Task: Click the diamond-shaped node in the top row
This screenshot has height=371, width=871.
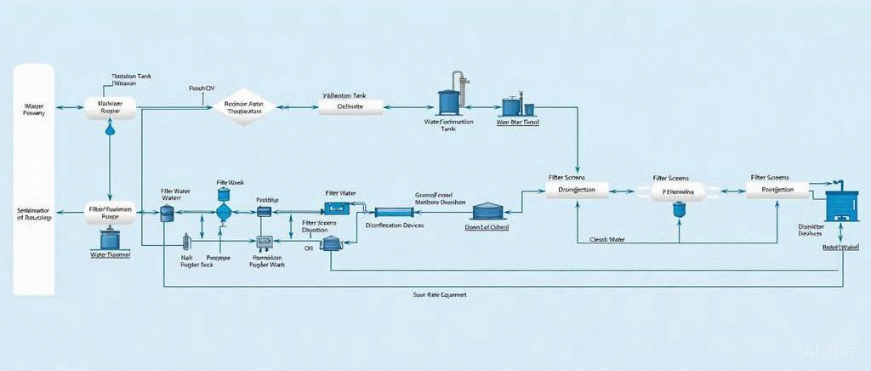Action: [x=246, y=107]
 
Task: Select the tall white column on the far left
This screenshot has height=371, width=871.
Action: [x=34, y=179]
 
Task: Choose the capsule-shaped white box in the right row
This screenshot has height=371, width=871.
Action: [x=678, y=191]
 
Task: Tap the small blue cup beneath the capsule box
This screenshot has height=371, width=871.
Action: [x=678, y=208]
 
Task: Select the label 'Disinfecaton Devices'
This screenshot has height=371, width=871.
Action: [x=394, y=225]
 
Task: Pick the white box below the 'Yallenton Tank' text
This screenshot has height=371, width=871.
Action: [x=350, y=107]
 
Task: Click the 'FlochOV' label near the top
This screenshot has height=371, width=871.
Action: [x=201, y=88]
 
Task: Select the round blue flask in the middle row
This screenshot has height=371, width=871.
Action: [x=225, y=210]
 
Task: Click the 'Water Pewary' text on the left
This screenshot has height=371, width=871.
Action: [x=35, y=108]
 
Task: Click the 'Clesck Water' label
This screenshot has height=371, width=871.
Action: [x=607, y=240]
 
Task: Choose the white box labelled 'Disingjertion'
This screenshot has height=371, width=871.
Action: [x=578, y=190]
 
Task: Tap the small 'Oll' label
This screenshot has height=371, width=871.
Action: [x=309, y=248]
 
